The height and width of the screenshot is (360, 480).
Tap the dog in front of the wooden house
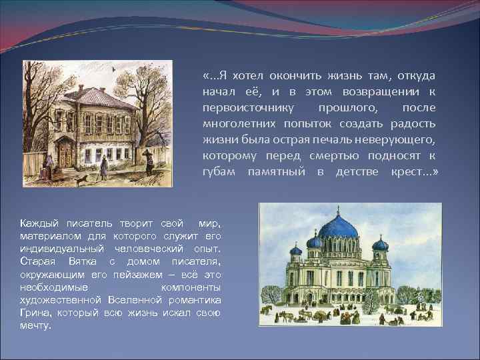[81, 180]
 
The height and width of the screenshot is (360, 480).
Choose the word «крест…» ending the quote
[414, 172]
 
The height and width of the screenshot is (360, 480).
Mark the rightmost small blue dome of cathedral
[381, 244]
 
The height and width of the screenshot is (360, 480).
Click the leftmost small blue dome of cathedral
[295, 251]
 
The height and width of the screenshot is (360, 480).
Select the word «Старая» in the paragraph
[37, 261]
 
